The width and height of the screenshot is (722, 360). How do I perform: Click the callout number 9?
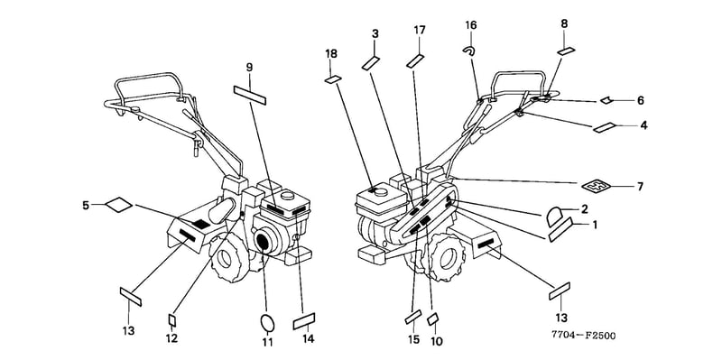[x=249, y=67]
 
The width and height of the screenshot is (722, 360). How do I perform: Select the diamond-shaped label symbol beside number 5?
[x=119, y=205]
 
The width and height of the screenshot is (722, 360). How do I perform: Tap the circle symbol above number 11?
[x=267, y=323]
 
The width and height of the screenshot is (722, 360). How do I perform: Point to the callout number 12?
[x=171, y=338]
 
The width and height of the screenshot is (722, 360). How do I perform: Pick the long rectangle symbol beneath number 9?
[x=250, y=96]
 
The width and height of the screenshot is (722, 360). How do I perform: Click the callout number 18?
[x=331, y=54]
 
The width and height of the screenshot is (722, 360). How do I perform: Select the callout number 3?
[x=375, y=33]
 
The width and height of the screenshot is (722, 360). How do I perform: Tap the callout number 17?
[x=420, y=31]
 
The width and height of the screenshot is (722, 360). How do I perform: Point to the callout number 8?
[x=564, y=24]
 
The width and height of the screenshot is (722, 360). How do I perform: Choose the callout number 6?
[x=641, y=100]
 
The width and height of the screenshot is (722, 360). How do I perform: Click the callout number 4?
[x=643, y=125]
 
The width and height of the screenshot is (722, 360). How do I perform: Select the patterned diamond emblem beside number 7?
[x=596, y=187]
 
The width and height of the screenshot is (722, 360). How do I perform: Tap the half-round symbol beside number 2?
[x=555, y=216]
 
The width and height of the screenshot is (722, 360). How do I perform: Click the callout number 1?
[x=595, y=226]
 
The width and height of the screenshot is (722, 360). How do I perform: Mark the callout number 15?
[x=413, y=340]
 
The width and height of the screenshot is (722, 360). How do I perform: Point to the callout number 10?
[x=436, y=341]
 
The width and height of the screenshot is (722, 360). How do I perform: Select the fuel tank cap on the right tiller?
[x=380, y=190]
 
